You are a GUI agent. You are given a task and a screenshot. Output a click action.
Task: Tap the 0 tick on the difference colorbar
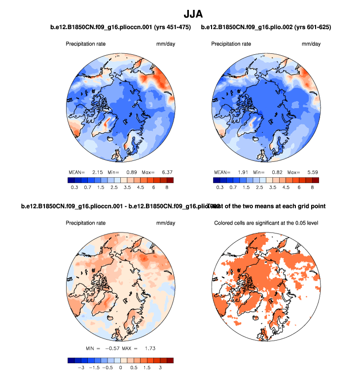point(121,367)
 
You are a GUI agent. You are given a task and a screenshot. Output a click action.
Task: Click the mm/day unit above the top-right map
point(311,44)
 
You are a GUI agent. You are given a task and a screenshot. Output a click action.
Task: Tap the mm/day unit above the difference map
point(166,223)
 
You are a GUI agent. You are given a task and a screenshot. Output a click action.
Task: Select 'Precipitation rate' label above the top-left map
point(86,44)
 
